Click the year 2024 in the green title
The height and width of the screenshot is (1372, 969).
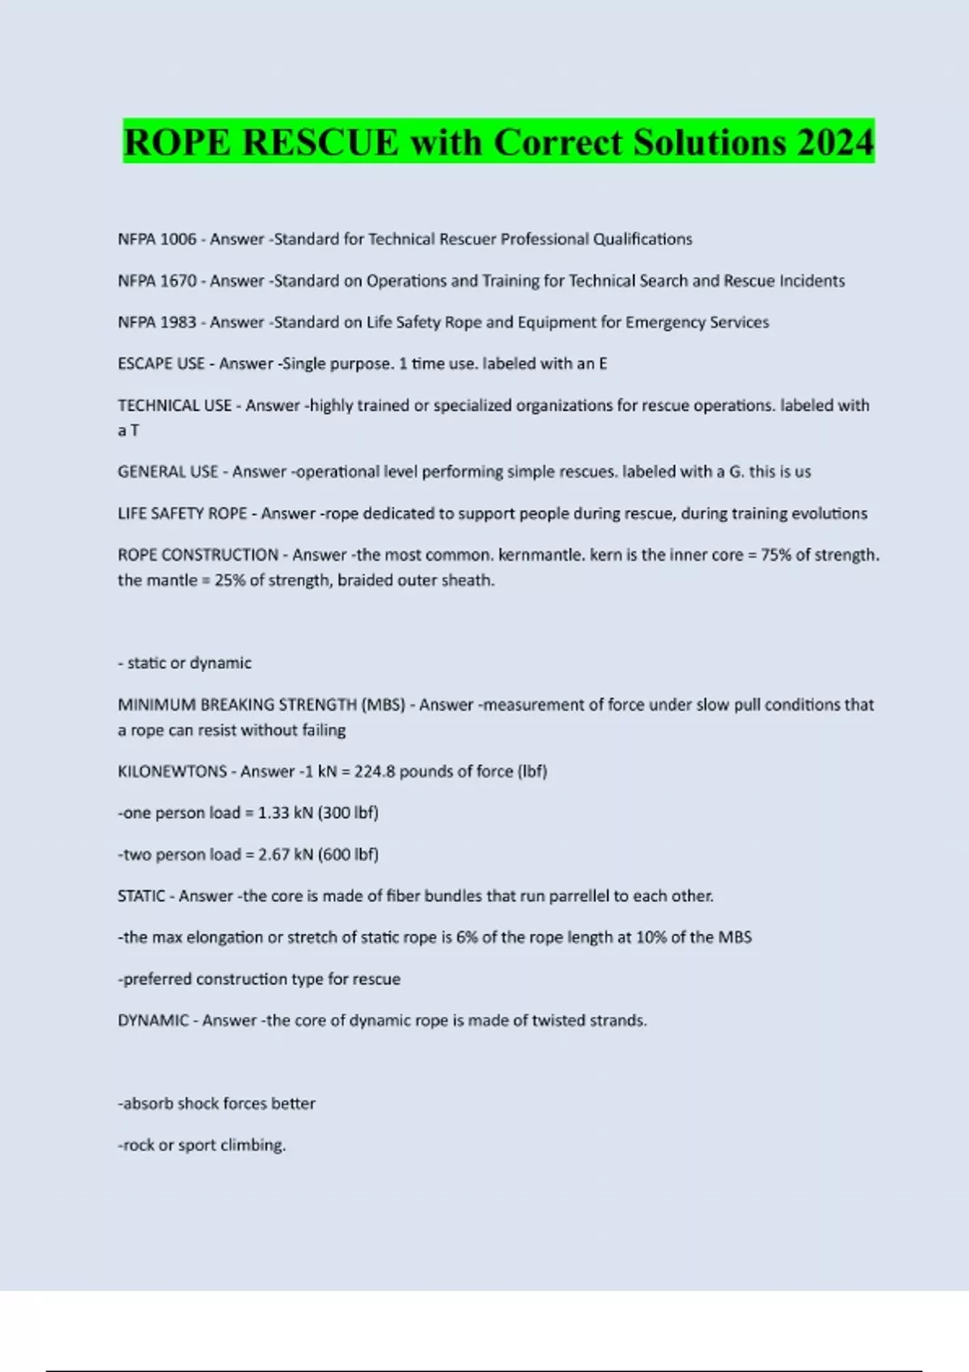tap(835, 142)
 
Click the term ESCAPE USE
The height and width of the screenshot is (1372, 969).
tap(161, 364)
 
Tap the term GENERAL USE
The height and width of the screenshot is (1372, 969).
tap(167, 471)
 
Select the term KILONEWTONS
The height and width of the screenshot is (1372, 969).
tap(172, 772)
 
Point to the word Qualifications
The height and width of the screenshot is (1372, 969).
tap(642, 239)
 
